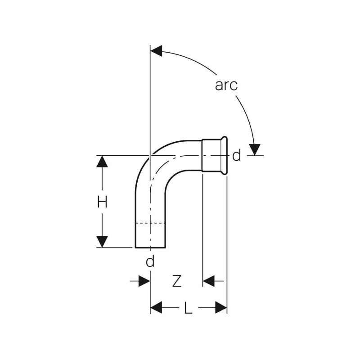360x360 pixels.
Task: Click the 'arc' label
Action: point(226,85)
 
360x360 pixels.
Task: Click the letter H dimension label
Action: point(102,202)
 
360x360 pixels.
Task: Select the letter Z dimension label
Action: point(177,281)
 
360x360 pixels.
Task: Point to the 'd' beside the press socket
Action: point(237,156)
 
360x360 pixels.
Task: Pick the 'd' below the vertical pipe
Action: point(150,261)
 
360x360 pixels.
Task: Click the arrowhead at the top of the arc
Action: point(156,51)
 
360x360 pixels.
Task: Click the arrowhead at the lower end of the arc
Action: point(255,150)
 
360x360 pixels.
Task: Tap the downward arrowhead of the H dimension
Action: point(102,242)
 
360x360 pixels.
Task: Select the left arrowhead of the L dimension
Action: point(156,308)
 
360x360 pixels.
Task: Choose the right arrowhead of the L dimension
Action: point(221,308)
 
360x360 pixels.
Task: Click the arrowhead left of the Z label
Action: point(144,281)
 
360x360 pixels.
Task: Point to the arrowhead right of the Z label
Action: point(208,281)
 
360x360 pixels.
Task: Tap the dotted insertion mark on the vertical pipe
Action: point(150,223)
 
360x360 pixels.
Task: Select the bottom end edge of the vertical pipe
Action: point(150,247)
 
